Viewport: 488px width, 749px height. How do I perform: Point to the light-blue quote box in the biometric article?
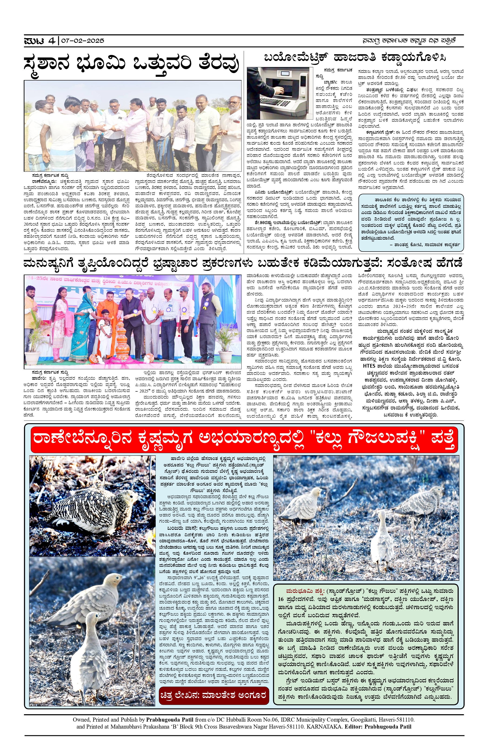411,222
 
